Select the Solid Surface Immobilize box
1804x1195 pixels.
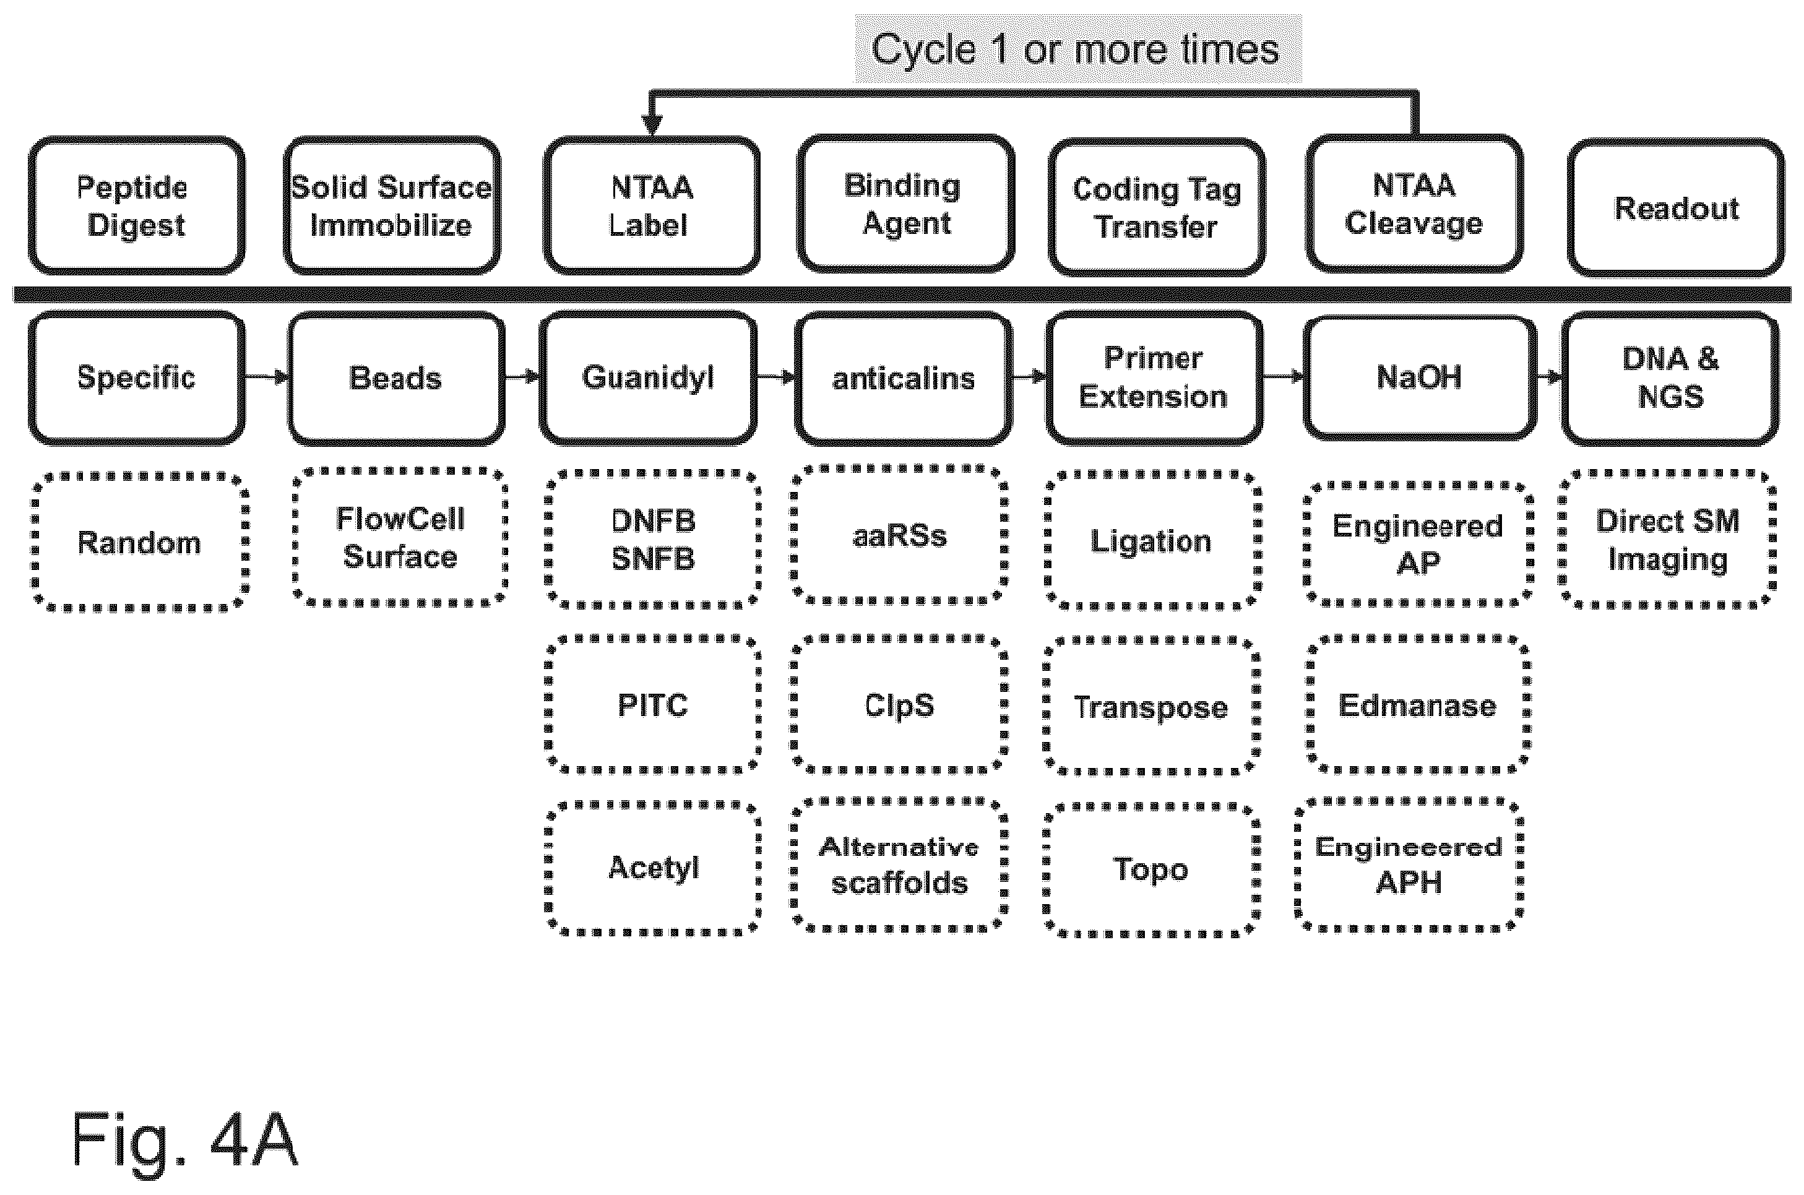click(x=392, y=206)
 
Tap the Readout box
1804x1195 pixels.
click(x=1676, y=208)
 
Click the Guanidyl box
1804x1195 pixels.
click(x=649, y=378)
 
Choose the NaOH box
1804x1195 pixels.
click(x=1420, y=378)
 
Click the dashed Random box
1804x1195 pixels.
click(x=139, y=542)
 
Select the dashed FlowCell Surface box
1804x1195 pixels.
click(x=400, y=537)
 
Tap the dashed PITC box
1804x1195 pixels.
click(x=653, y=704)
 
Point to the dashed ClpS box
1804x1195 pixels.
click(x=899, y=704)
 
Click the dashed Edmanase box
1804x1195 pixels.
click(x=1418, y=705)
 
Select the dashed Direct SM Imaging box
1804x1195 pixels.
click(x=1668, y=540)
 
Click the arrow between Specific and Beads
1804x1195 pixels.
click(x=267, y=376)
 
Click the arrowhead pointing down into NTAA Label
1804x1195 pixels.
click(x=651, y=124)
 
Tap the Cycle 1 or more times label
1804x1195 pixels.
click(x=1076, y=50)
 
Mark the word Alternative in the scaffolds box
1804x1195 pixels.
click(x=899, y=847)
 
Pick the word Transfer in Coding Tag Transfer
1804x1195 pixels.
click(x=1156, y=227)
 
